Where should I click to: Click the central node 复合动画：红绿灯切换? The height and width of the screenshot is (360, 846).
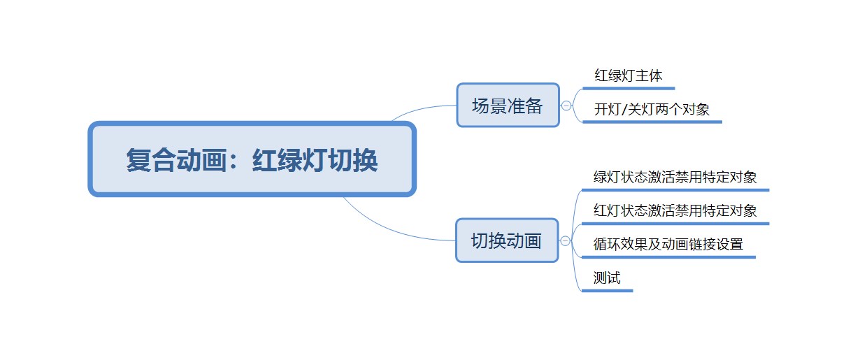[x=252, y=159]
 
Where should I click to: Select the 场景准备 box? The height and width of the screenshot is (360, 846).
[x=508, y=105]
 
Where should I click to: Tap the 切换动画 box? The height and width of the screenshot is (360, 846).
[x=507, y=240]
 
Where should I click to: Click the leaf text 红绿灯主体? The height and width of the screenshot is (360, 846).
[x=629, y=75]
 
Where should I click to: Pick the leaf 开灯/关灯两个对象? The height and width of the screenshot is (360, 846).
[x=652, y=110]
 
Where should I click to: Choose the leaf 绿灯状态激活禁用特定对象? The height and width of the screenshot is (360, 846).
[x=675, y=177]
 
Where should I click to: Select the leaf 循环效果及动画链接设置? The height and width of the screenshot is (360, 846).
[x=668, y=245]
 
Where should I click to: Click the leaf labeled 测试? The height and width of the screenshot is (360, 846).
[x=607, y=278]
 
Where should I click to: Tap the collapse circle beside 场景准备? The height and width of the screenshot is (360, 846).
[x=566, y=106]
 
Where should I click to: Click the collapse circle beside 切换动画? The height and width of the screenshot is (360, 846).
[x=565, y=240]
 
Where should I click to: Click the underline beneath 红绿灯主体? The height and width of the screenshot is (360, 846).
[x=629, y=88]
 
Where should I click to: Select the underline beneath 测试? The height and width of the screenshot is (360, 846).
[x=608, y=291]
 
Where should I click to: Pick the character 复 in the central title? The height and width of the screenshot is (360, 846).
[x=138, y=160]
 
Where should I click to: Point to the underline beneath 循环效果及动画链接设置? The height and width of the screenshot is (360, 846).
[x=668, y=257]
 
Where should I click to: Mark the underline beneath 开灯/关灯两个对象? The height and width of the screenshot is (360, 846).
[x=652, y=122]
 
